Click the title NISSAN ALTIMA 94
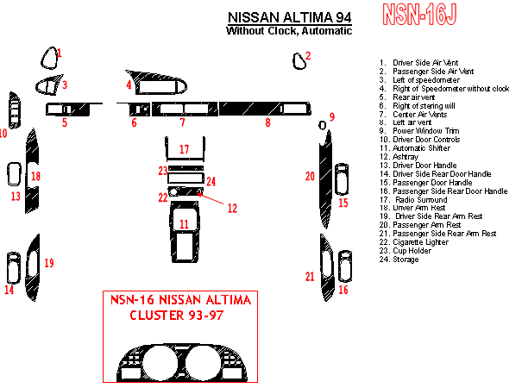pyautogui.click(x=289, y=16)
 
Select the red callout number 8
pyautogui.click(x=267, y=123)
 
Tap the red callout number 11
pyautogui.click(x=184, y=224)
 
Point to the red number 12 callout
pyautogui.click(x=231, y=208)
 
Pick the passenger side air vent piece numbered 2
pyautogui.click(x=299, y=60)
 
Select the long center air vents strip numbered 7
pyautogui.click(x=182, y=109)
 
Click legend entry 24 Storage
pyautogui.click(x=406, y=260)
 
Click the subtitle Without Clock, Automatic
pyautogui.click(x=289, y=31)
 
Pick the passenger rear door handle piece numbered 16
pyautogui.click(x=345, y=266)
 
